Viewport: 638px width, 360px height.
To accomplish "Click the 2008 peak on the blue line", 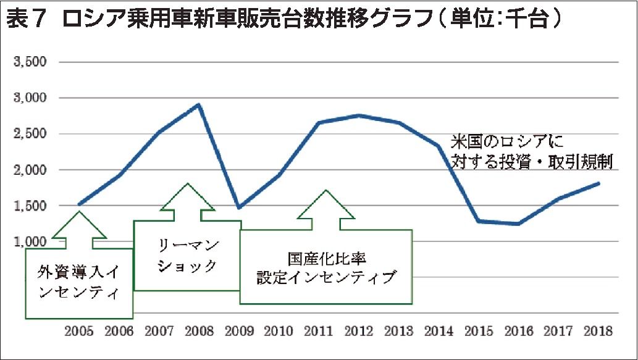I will [x=199, y=105].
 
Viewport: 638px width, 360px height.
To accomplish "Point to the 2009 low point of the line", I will [x=239, y=207].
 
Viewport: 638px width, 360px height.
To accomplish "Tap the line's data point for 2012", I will [x=358, y=115].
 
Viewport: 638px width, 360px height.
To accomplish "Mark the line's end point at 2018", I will [x=598, y=183].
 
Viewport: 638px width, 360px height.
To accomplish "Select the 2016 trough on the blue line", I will [x=518, y=224].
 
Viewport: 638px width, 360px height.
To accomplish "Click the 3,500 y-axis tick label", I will [x=31, y=62].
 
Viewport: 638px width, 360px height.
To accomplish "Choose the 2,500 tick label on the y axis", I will [x=31, y=134].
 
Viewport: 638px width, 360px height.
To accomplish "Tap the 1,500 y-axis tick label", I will [x=31, y=206].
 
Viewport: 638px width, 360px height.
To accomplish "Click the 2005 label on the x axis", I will [x=79, y=331].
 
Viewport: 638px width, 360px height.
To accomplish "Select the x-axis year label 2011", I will [x=319, y=331].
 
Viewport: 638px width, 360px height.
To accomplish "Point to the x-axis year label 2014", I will [x=438, y=331].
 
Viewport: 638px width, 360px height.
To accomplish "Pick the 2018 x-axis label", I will [x=597, y=331].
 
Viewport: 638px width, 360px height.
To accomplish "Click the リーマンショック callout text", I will [x=187, y=256].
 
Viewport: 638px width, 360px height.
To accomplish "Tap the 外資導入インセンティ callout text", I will [x=78, y=282].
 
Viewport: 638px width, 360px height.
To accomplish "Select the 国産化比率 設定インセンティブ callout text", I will [x=325, y=267].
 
